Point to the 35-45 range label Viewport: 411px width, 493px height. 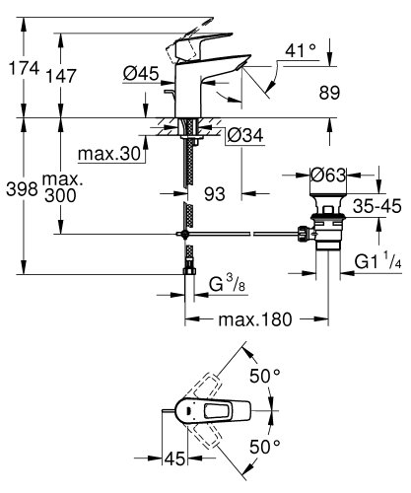(x=376, y=208)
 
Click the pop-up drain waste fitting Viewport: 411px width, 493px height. (x=324, y=231)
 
